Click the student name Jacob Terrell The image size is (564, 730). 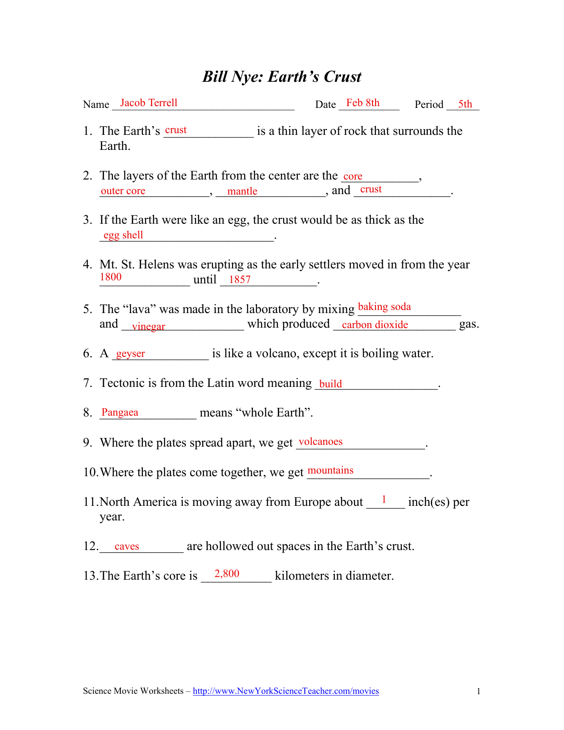(149, 103)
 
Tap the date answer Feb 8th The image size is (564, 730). (363, 103)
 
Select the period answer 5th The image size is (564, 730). (465, 104)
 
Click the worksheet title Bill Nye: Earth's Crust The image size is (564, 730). (282, 77)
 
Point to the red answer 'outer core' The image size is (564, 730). (123, 191)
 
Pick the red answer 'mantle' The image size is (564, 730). (242, 191)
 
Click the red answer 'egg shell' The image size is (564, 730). (123, 235)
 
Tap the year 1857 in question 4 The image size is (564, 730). (240, 279)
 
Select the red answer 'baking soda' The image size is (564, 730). (384, 307)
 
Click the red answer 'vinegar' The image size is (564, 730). (148, 326)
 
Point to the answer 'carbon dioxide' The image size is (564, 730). (375, 325)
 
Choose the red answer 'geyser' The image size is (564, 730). (130, 354)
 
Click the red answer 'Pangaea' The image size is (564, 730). (120, 413)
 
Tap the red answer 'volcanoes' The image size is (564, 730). (321, 442)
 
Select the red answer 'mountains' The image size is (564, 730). (330, 470)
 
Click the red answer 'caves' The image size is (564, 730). (127, 547)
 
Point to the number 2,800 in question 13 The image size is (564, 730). (227, 574)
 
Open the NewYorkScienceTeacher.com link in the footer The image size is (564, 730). (286, 691)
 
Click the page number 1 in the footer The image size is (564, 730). (479, 692)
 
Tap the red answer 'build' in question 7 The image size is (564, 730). (330, 384)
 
